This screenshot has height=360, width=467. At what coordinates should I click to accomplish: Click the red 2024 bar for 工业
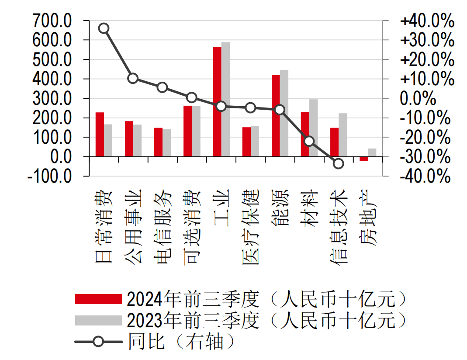(217, 101)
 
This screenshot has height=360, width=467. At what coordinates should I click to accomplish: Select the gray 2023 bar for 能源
(284, 113)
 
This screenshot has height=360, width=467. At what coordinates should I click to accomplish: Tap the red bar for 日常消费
(100, 134)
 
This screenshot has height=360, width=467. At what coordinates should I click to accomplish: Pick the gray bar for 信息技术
(343, 135)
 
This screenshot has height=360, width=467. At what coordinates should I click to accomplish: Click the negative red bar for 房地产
(364, 159)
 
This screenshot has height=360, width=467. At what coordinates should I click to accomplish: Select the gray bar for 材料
(313, 128)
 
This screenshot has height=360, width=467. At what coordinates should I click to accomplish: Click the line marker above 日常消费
(104, 28)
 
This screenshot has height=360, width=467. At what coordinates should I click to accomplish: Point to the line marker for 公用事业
(133, 79)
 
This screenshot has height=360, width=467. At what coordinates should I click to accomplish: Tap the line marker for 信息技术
(338, 164)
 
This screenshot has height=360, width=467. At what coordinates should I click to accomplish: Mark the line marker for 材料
(309, 141)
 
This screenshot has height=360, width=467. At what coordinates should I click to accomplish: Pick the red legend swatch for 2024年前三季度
(98, 299)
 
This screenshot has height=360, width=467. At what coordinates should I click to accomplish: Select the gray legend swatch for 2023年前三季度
(98, 320)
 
